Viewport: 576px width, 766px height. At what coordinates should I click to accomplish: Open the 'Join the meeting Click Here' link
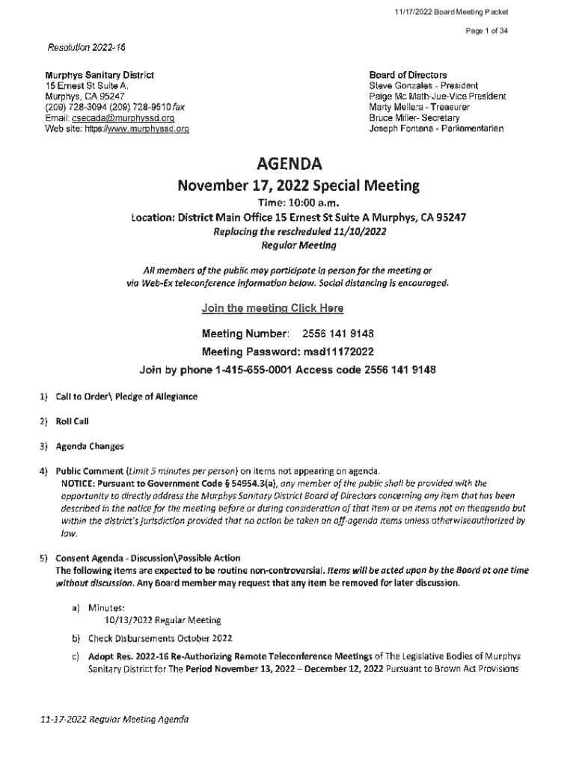tap(273, 308)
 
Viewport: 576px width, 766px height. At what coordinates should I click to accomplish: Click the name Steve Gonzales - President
tap(423, 86)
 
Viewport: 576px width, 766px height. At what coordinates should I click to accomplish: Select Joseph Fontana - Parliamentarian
tap(437, 129)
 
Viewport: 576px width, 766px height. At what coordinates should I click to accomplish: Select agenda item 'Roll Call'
tap(73, 421)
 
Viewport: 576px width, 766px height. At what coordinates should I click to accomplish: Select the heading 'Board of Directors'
tap(408, 75)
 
